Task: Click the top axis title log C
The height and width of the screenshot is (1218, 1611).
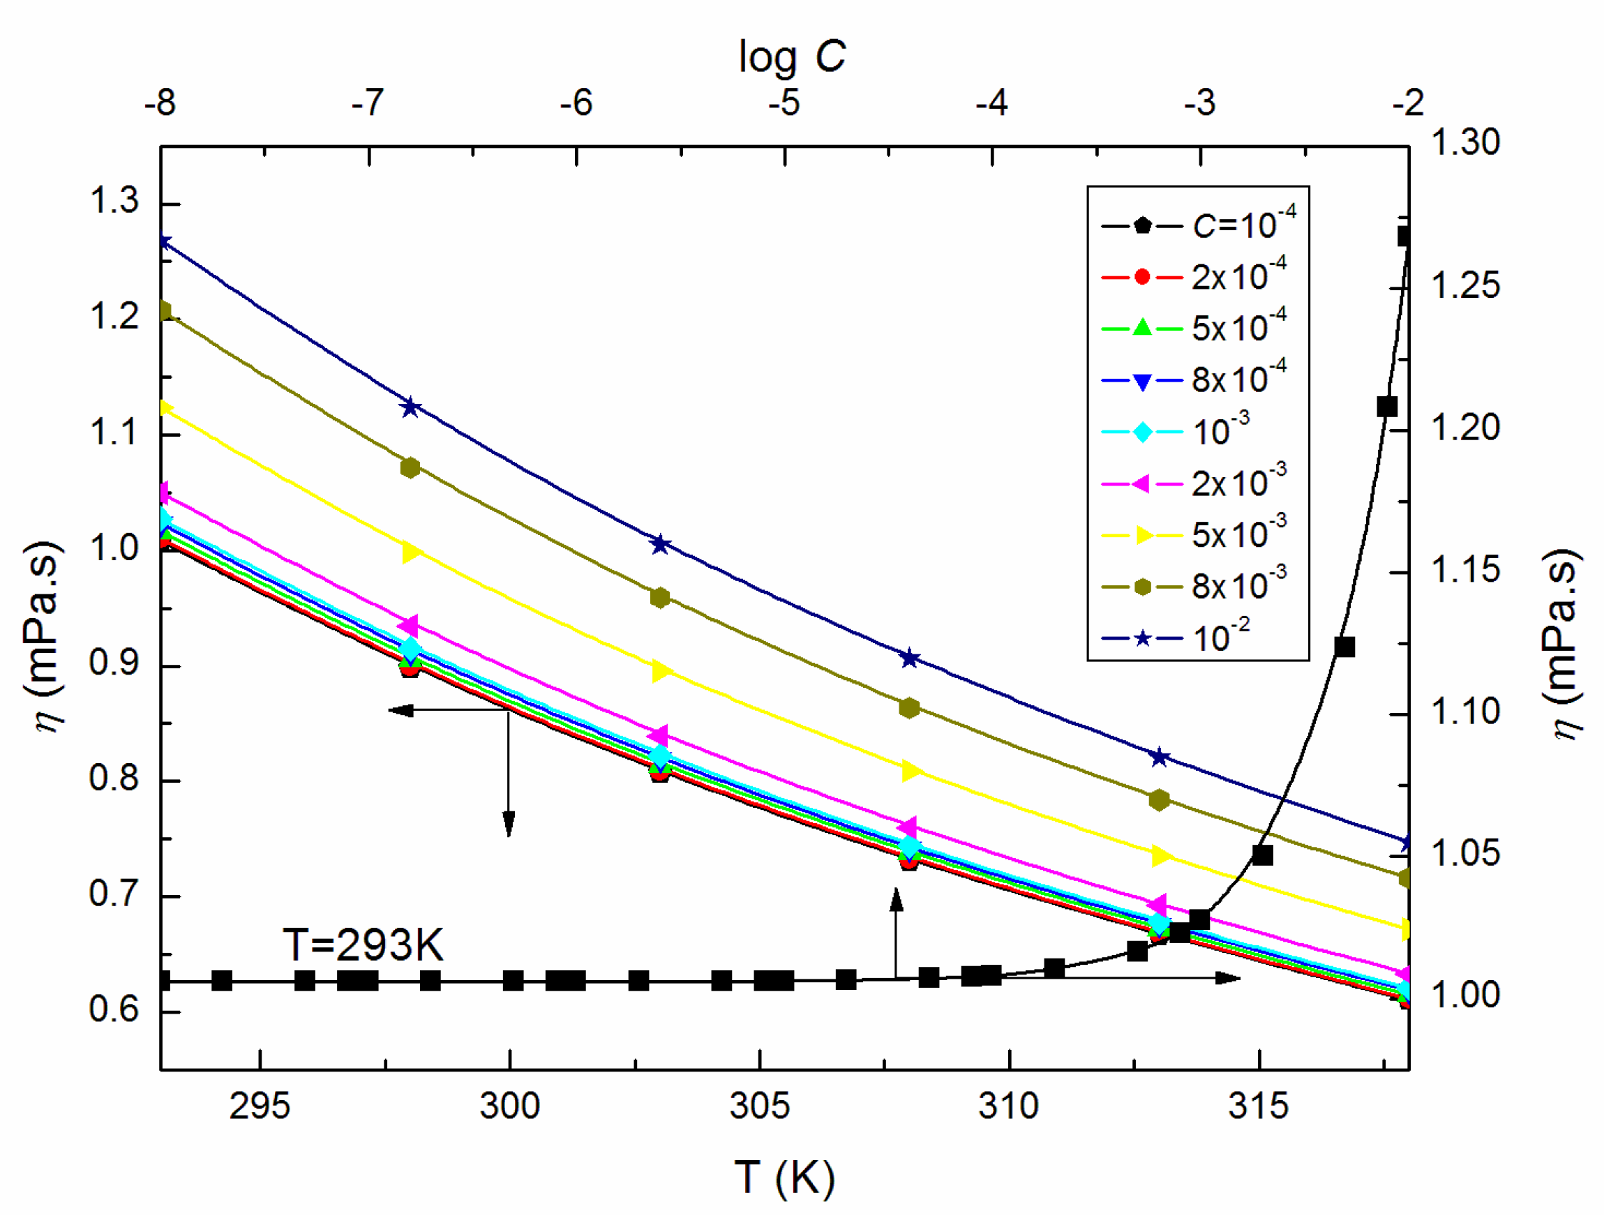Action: pos(792,57)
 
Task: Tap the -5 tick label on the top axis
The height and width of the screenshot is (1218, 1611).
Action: pos(784,103)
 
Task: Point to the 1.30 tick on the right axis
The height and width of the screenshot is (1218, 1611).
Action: pos(1465,142)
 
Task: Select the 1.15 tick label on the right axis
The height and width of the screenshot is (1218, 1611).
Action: pos(1465,569)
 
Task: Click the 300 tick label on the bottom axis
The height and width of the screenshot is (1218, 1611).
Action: pos(509,1106)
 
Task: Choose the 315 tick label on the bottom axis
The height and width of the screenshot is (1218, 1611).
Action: pos(1258,1106)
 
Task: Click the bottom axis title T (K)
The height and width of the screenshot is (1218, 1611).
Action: pos(784,1177)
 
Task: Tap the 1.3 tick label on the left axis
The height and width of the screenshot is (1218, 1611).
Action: pos(114,200)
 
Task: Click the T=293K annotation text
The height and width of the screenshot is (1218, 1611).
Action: pos(363,945)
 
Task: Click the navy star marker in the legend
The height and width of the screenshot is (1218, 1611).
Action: pos(1143,638)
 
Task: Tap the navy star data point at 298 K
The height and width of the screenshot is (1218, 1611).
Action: pos(411,406)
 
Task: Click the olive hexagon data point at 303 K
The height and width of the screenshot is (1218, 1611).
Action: pos(660,598)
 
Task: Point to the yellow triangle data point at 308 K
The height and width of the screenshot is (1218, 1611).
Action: pos(910,770)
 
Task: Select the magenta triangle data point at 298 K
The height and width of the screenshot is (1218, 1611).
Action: pos(410,624)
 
